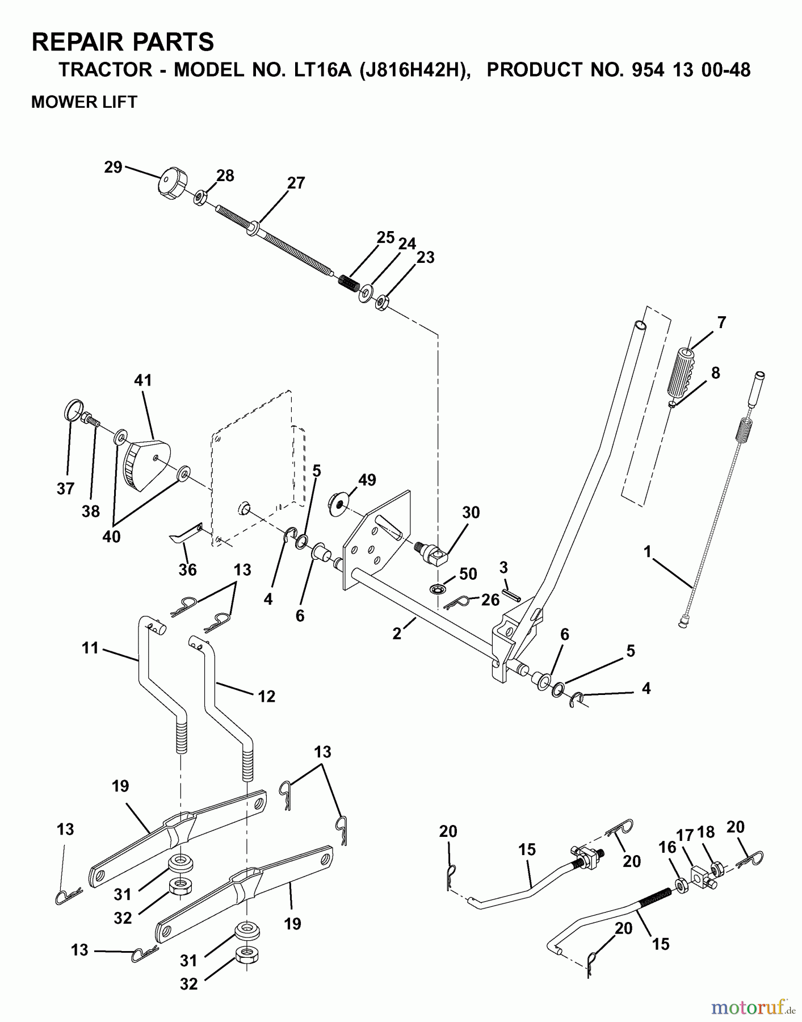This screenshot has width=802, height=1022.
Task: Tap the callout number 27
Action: coord(296,183)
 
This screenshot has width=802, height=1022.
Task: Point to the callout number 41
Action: coord(143,380)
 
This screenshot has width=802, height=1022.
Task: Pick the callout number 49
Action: coord(367,480)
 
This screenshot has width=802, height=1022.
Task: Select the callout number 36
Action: coord(187,569)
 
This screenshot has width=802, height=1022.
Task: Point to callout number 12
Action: coord(266,696)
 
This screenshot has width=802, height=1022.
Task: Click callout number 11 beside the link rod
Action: coord(90,647)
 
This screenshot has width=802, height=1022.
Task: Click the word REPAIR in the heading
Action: coord(80,42)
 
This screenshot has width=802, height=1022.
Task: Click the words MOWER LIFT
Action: coord(84,102)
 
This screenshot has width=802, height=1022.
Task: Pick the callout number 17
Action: coord(686,835)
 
